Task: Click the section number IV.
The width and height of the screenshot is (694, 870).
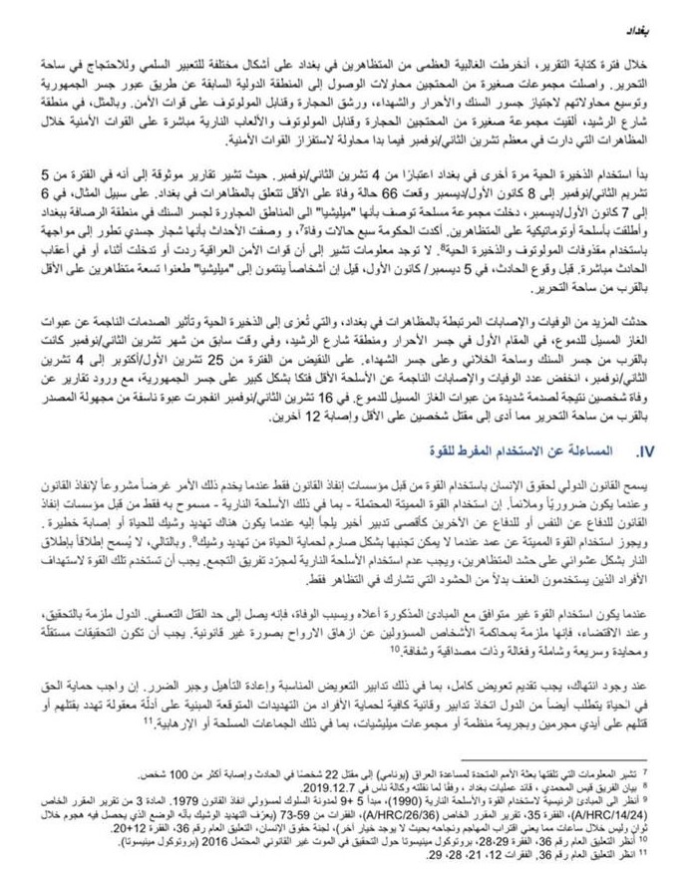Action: tap(645, 451)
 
